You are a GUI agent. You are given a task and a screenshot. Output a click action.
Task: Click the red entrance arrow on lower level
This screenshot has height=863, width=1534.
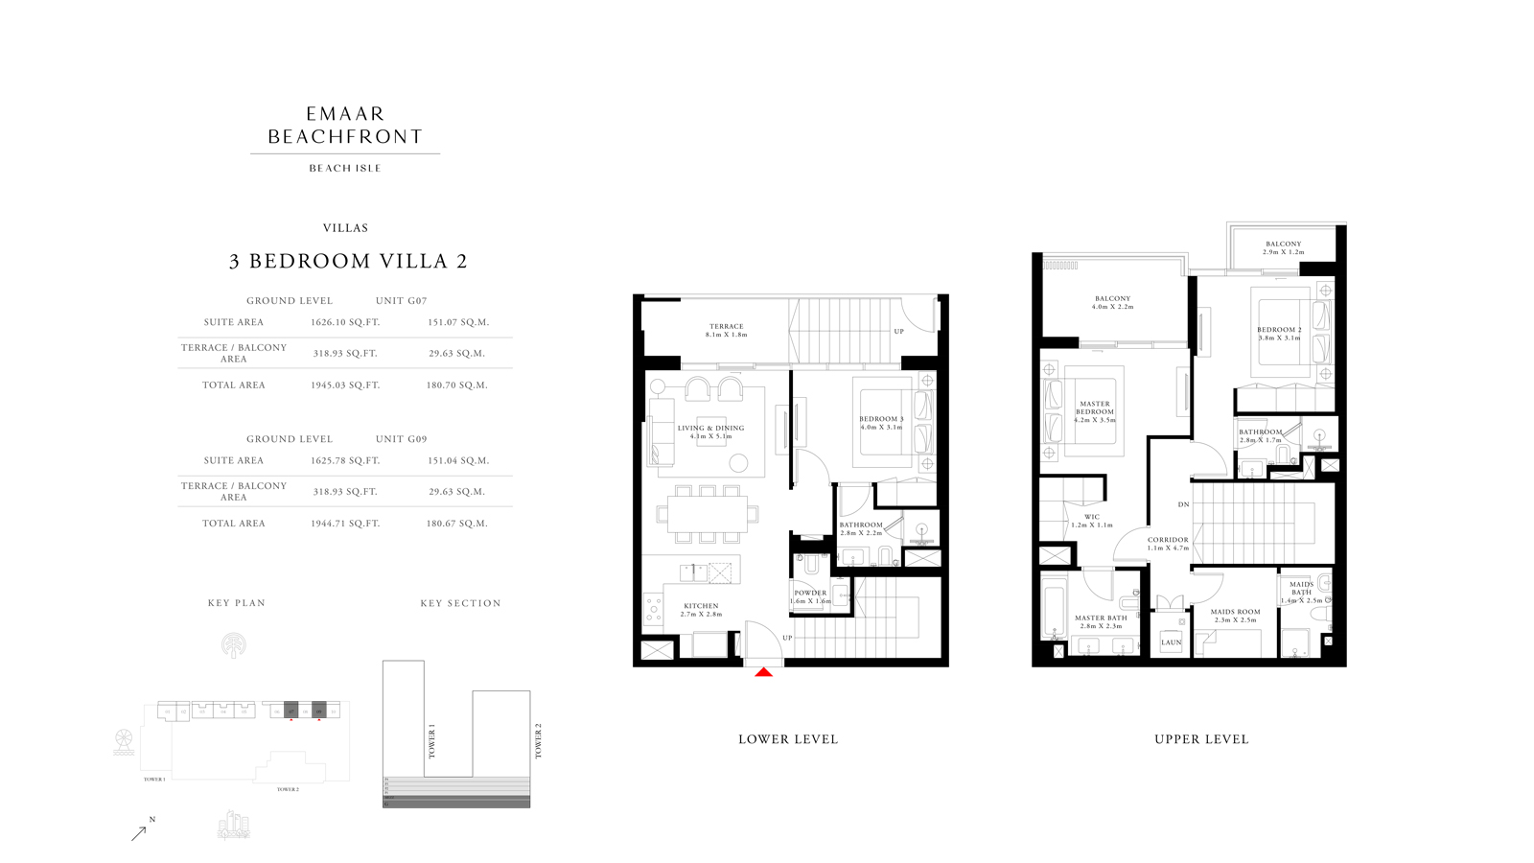[x=763, y=672]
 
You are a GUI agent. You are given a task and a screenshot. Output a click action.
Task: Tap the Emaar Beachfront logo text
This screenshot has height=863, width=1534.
[x=345, y=126]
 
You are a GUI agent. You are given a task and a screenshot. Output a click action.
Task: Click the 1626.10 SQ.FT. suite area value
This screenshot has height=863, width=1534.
[x=345, y=322]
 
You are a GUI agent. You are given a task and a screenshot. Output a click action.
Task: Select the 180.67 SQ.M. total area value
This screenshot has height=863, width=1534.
[x=457, y=524]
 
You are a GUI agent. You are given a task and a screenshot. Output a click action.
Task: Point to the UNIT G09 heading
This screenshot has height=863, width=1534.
[x=401, y=439]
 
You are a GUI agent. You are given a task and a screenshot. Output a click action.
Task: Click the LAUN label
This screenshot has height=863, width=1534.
[x=1172, y=642]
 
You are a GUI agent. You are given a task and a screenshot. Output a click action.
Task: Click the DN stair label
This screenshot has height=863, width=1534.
[x=1183, y=504]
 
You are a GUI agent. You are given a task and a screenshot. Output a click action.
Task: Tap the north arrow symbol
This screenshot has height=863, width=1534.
[x=140, y=832]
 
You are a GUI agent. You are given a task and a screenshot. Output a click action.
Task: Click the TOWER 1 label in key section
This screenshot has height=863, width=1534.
[x=431, y=742]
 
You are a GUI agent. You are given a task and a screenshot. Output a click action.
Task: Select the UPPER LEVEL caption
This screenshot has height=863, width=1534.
[x=1201, y=739]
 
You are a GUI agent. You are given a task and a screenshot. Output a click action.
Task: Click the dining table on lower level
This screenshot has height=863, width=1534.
[x=708, y=514]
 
